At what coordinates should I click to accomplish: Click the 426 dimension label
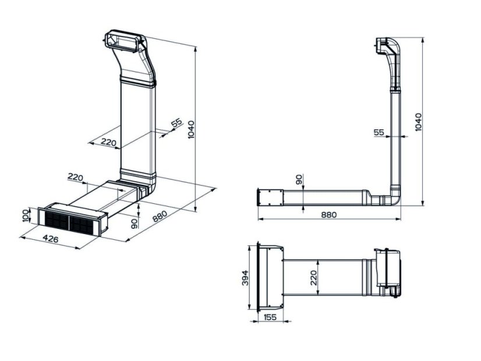click(x=51, y=239)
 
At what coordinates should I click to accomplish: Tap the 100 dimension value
click(x=26, y=216)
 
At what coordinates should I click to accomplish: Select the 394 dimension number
click(x=245, y=278)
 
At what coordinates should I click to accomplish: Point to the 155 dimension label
click(x=270, y=317)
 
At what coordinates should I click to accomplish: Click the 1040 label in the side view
click(x=418, y=122)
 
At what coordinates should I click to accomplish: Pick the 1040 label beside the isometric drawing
click(x=191, y=129)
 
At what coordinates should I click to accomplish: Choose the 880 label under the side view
click(x=329, y=215)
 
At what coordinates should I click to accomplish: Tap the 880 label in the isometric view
click(x=160, y=216)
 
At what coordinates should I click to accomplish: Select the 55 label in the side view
click(x=379, y=132)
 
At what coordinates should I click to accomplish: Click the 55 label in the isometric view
click(x=176, y=123)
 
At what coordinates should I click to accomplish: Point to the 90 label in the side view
click(x=299, y=179)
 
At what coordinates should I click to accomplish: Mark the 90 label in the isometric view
click(x=134, y=224)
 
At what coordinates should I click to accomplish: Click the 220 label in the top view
click(x=313, y=278)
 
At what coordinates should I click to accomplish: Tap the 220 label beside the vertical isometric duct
click(x=108, y=142)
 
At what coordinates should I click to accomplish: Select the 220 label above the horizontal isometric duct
click(x=76, y=177)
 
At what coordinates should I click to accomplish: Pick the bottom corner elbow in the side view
click(x=394, y=197)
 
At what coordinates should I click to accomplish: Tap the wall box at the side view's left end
click(x=270, y=197)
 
